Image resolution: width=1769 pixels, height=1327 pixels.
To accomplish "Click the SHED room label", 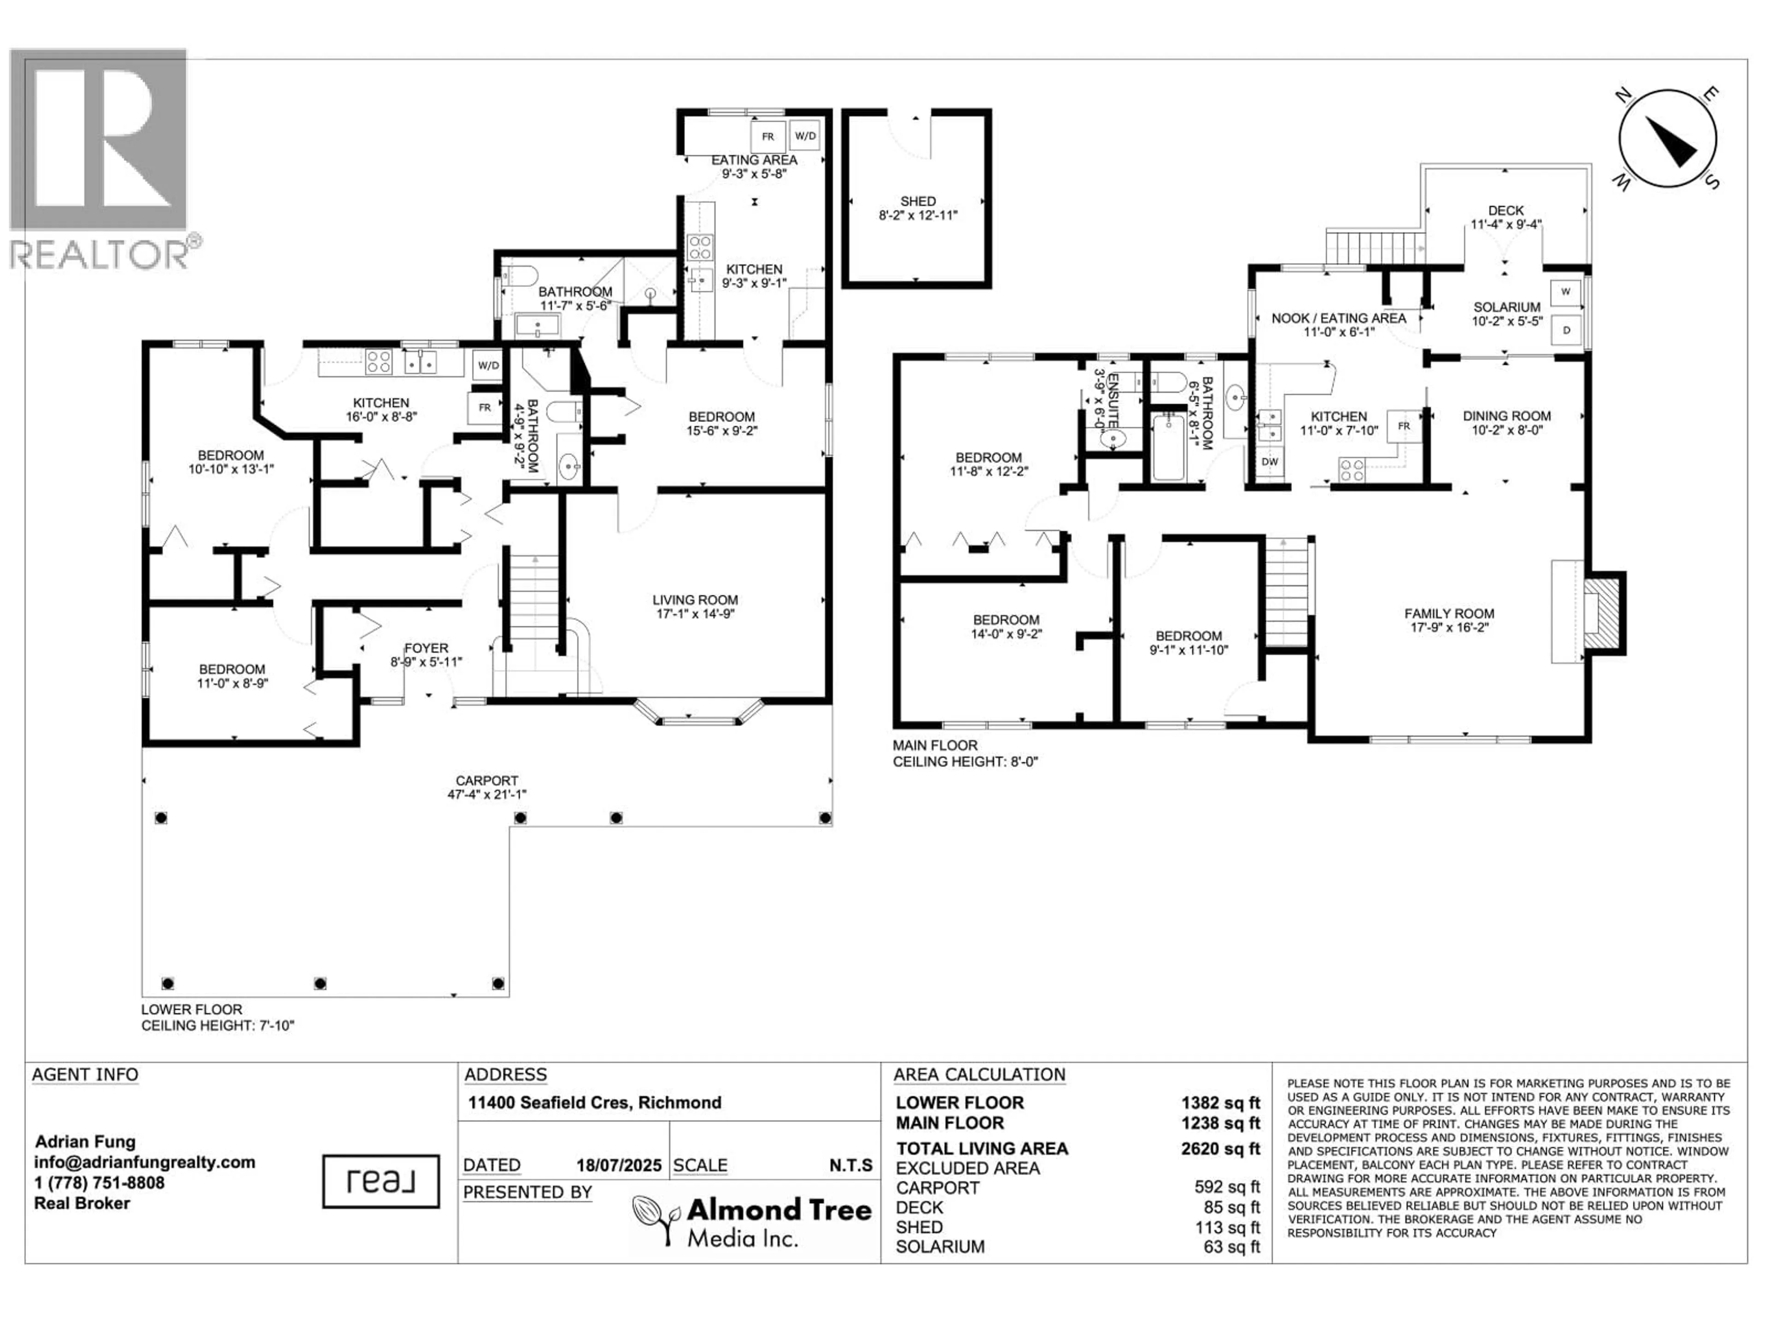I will click(x=917, y=201).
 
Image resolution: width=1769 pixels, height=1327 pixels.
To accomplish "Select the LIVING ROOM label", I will click(x=695, y=600).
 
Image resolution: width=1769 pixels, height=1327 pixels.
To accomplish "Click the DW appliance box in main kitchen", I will click(x=1269, y=462).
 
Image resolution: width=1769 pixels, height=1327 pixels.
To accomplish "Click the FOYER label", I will click(x=426, y=648).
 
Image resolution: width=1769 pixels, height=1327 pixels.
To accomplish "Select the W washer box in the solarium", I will click(x=1565, y=292).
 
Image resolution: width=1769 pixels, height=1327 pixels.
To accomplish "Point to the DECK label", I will click(x=1506, y=211).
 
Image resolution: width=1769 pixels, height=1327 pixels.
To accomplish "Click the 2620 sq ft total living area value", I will click(x=1220, y=1149).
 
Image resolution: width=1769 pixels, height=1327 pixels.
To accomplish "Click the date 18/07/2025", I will click(x=619, y=1165).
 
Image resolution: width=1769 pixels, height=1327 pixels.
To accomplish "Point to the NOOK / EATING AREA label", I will click(x=1339, y=318).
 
